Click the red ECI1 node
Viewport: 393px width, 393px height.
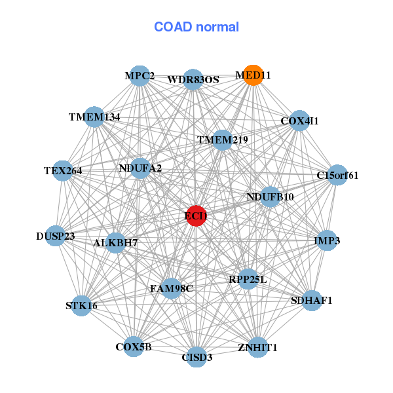196,215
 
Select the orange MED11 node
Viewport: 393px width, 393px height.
253,75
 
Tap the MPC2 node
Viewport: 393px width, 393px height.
140,76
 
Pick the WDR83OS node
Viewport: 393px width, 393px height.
193,79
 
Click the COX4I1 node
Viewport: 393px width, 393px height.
299,121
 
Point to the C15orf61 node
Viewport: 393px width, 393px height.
337,175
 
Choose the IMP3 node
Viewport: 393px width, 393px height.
327,240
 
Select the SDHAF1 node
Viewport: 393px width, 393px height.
312,300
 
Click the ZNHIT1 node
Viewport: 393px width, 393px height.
257,347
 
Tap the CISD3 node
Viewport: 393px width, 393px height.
197,357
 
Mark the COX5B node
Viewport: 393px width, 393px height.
134,346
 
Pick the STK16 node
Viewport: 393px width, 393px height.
81,305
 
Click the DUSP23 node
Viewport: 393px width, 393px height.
56,236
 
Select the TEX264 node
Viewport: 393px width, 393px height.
63,171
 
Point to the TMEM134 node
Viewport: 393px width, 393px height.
94,117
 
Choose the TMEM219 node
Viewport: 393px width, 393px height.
222,140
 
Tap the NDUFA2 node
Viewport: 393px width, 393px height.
140,168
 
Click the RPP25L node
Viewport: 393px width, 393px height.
248,279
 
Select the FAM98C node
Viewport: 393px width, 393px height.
172,288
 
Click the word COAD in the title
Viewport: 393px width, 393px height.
173,27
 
